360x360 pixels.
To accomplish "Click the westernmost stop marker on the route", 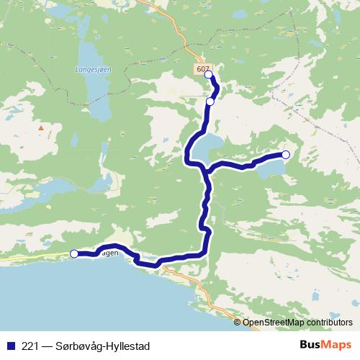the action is pos(73,253).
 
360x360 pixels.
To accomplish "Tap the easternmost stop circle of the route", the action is pos(285,155).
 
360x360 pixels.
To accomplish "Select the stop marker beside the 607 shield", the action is pos(209,75).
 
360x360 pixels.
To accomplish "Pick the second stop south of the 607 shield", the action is pos(210,102).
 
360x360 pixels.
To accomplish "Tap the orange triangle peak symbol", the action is pos(41,128).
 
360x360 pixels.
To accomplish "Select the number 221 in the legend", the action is pos(31,346).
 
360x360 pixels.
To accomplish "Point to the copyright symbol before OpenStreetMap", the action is pos(238,323).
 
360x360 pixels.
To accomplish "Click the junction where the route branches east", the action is pos(206,170).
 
